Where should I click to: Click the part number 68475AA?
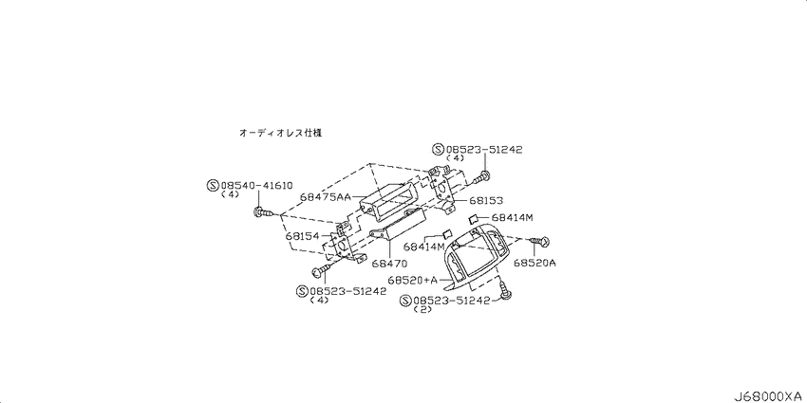(325, 197)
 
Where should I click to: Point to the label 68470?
(390, 264)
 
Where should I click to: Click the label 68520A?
(535, 264)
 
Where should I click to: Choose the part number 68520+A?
(413, 280)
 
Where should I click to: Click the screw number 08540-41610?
(256, 186)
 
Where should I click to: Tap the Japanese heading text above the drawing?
(280, 133)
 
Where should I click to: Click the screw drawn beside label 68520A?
(537, 241)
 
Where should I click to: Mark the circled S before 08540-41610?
(213, 186)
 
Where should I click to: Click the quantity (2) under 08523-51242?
(422, 310)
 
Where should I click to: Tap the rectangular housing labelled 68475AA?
(389, 202)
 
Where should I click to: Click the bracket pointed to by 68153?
(441, 189)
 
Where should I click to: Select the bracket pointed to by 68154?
(346, 242)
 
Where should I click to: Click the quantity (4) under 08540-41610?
(230, 194)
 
